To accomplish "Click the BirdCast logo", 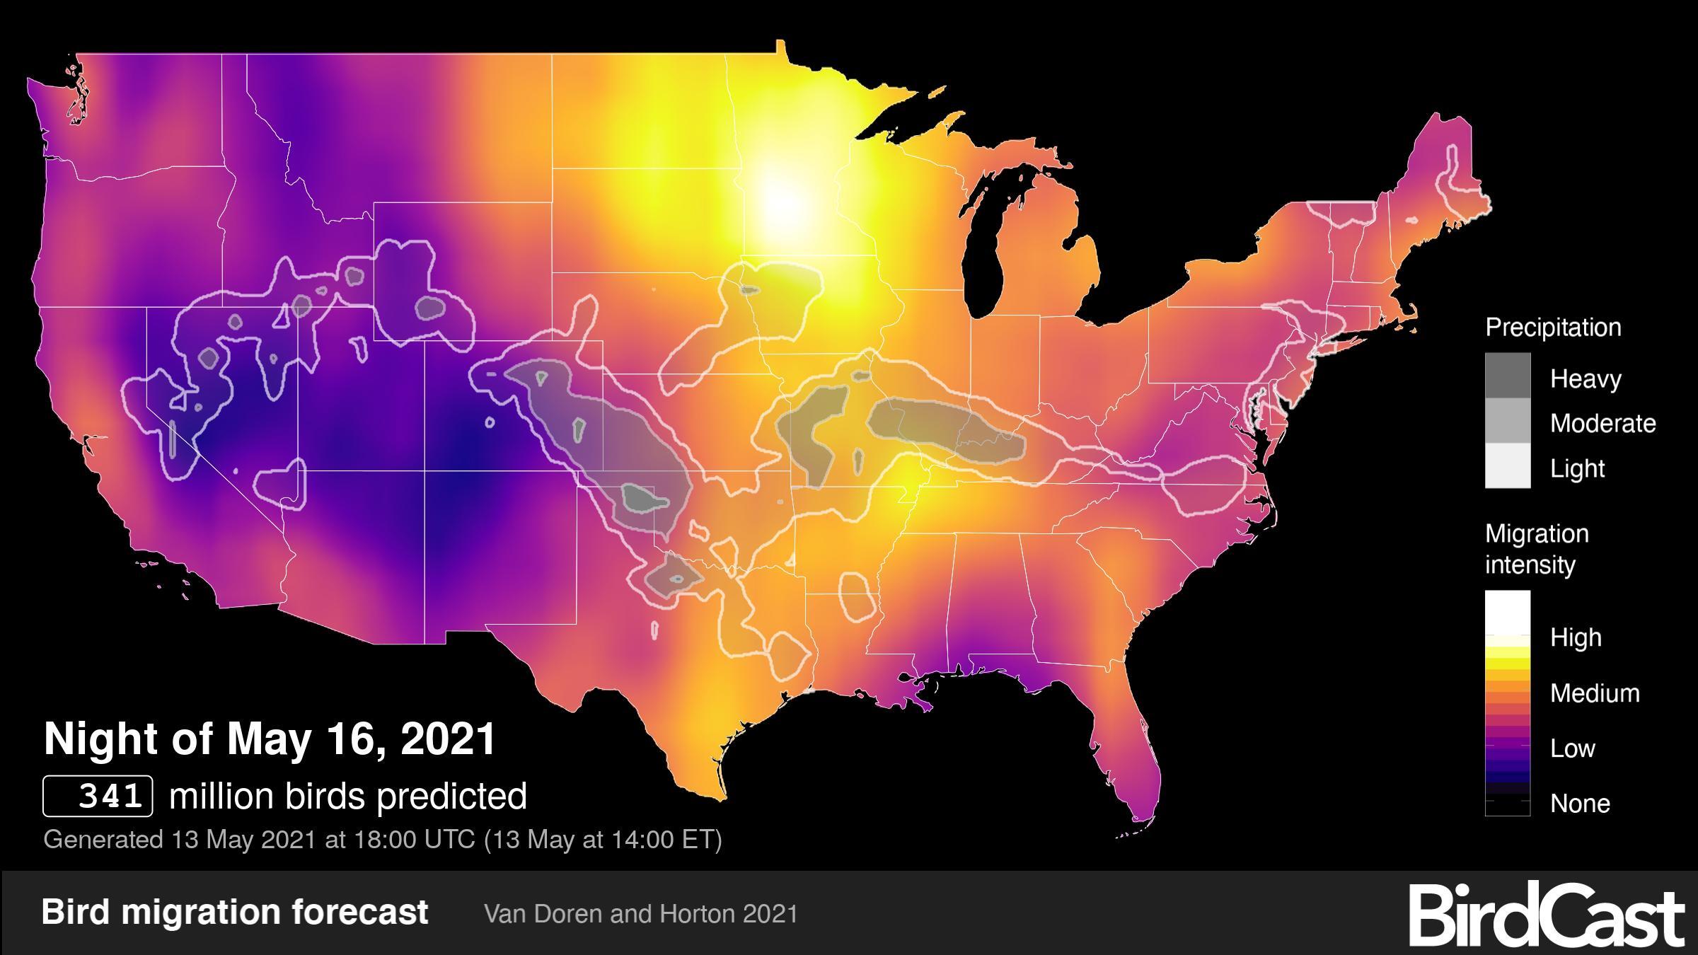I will tap(1546, 914).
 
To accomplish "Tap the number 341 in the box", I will tap(110, 796).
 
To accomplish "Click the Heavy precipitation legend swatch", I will tap(1507, 376).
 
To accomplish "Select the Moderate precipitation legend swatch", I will tap(1507, 421).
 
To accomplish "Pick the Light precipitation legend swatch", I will tap(1507, 465).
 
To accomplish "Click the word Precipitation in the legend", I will tap(1553, 328).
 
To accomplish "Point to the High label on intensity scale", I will tap(1576, 637).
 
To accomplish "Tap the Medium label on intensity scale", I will tap(1595, 693).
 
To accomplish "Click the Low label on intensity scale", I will tap(1572, 748).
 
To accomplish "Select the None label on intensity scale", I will tap(1580, 804).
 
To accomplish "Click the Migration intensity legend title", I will tap(1537, 549).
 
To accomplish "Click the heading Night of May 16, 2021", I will tap(270, 739).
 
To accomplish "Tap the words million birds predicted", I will tap(348, 796).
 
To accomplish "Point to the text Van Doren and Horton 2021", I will tap(640, 914).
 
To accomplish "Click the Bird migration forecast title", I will tap(234, 912).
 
